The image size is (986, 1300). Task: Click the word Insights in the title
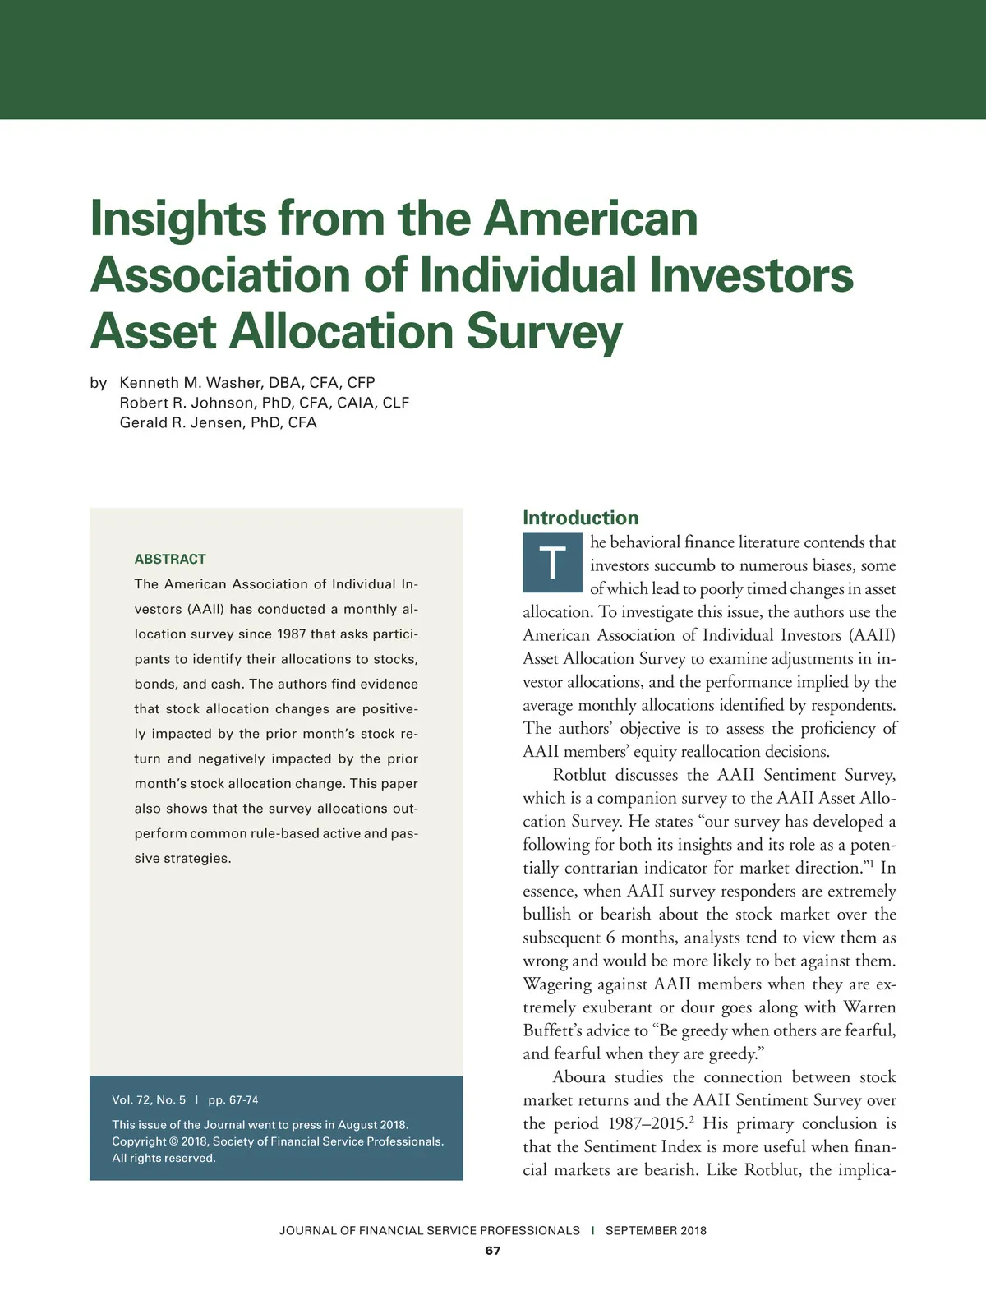coord(177,219)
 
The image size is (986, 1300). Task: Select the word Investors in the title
coord(751,274)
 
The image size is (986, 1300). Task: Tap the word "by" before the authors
coord(99,383)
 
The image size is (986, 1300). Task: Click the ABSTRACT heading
coord(170,559)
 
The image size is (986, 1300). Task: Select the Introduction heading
coord(580,518)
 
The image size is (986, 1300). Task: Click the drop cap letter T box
coord(552,564)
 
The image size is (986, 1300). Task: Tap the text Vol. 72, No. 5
coord(149,1099)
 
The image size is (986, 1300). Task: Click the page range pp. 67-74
coord(233,1099)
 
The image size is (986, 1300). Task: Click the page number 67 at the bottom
coord(492,1251)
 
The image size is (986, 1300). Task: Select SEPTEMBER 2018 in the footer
coord(656,1230)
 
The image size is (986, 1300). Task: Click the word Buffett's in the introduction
coord(556,1030)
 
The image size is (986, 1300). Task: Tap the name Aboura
coord(578,1076)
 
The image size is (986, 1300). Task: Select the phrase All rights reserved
coord(164,1158)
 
